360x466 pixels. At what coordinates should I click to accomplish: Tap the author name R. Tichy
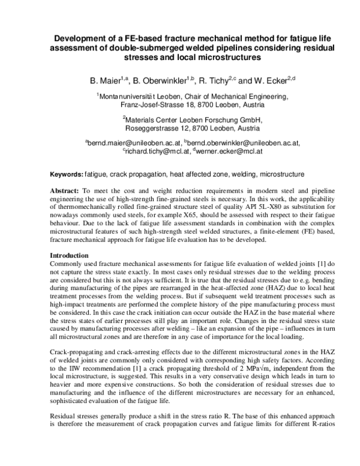pos(217,79)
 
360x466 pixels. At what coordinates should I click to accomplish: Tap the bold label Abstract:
pos(65,190)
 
